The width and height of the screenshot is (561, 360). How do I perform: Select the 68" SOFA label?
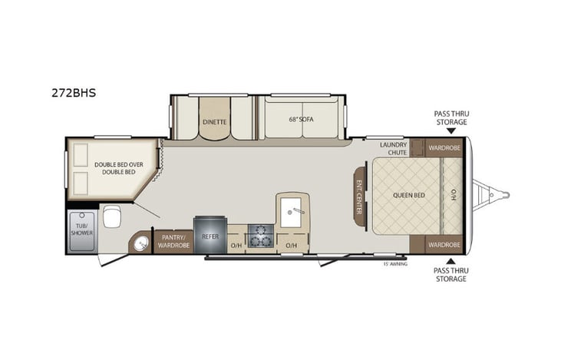301,121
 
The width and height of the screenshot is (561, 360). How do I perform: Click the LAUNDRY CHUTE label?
393,148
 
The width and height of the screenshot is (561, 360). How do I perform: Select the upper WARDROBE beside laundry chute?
444,147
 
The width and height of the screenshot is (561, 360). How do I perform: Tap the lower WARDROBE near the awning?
444,245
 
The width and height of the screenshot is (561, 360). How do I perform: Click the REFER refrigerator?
210,237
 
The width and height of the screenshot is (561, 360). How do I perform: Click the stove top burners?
262,236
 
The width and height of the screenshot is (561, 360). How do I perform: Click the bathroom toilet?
111,216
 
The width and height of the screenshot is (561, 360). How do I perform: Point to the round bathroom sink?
140,244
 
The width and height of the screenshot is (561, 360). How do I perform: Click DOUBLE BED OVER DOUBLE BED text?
116,167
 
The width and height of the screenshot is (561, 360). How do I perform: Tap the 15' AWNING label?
395,263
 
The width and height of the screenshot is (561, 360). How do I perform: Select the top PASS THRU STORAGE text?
450,118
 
